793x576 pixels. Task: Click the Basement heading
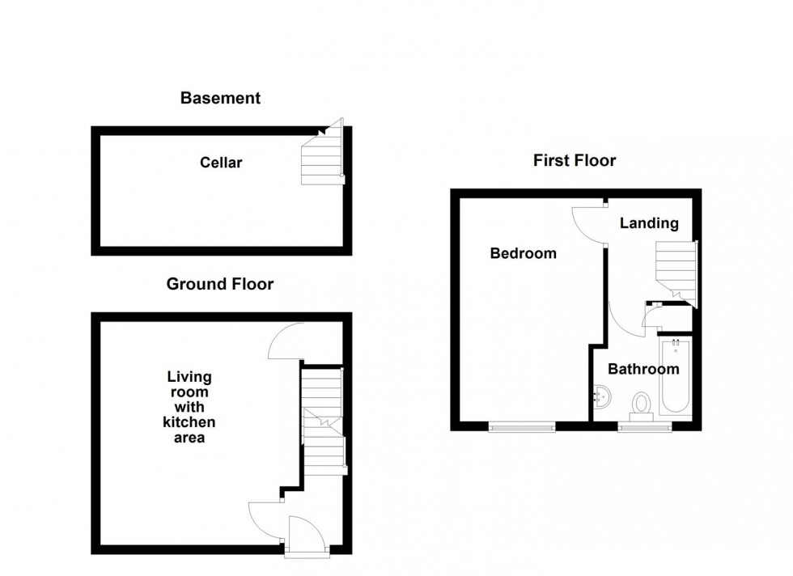tap(220, 99)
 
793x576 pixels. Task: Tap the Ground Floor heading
tap(219, 284)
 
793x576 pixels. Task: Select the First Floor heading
tap(574, 161)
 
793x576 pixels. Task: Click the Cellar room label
tap(221, 163)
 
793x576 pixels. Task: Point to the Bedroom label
tap(524, 254)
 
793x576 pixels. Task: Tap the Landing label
tap(649, 223)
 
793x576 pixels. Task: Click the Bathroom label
tap(643, 370)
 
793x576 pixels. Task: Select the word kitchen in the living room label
tap(189, 422)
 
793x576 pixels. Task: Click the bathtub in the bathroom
tap(675, 379)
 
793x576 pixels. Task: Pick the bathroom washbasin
tap(601, 396)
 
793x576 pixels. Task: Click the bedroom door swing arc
tap(587, 222)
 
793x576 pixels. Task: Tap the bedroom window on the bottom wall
tap(522, 426)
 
